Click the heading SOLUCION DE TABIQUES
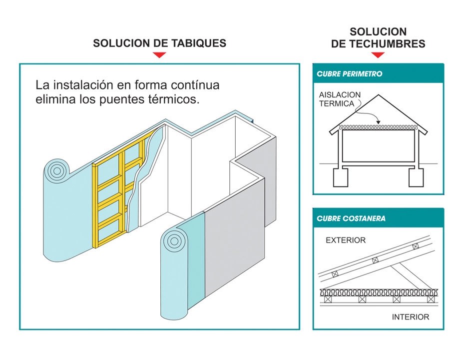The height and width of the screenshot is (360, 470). pyautogui.click(x=159, y=43)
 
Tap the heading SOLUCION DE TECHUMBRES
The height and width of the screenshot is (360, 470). pyautogui.click(x=378, y=38)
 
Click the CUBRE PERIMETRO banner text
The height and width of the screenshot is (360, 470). pyautogui.click(x=350, y=74)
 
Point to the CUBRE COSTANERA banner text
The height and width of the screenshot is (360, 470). pyautogui.click(x=351, y=218)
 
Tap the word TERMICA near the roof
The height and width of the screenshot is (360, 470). pyautogui.click(x=336, y=104)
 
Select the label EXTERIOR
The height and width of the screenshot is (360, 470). pyautogui.click(x=346, y=240)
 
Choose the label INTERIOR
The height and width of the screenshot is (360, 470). pyautogui.click(x=410, y=317)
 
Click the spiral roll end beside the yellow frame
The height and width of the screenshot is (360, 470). pyautogui.click(x=56, y=171)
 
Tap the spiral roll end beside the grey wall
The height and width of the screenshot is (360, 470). pyautogui.click(x=175, y=240)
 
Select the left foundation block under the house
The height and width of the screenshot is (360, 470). pyautogui.click(x=341, y=177)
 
